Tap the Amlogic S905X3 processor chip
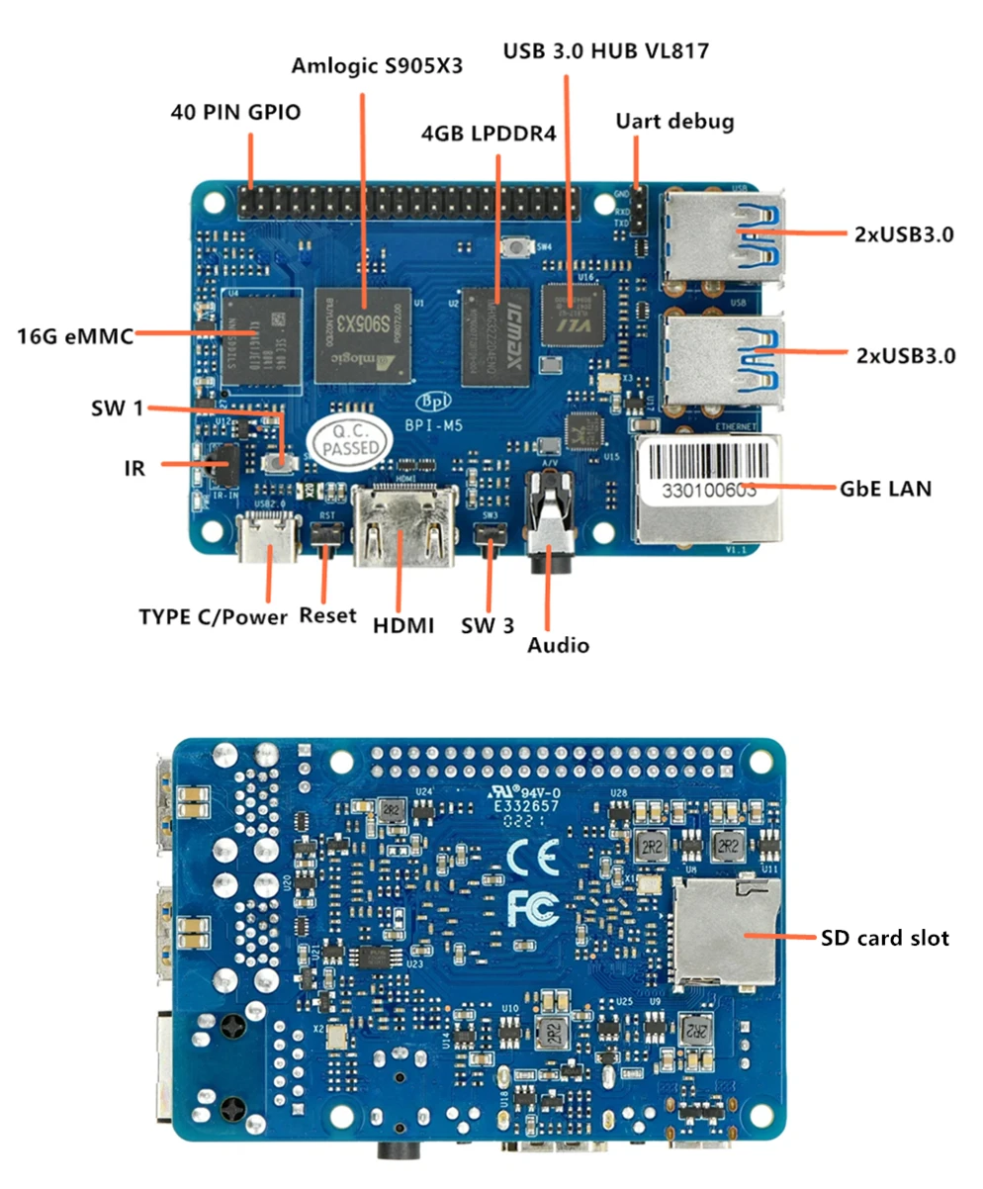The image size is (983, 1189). [362, 334]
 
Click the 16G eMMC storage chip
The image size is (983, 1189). [258, 336]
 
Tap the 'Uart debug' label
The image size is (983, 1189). [674, 123]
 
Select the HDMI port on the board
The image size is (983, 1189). [403, 529]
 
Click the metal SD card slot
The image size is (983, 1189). [725, 932]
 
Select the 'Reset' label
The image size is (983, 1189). [327, 615]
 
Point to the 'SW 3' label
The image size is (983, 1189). [489, 625]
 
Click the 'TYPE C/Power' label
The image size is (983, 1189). [214, 617]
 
